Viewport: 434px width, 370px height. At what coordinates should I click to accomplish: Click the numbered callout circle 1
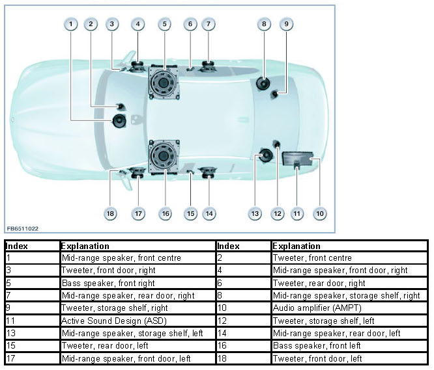click(70, 25)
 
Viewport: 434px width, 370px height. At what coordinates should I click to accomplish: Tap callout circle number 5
click(164, 25)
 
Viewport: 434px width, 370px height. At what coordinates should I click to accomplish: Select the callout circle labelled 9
click(285, 25)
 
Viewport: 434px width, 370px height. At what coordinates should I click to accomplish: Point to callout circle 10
click(319, 213)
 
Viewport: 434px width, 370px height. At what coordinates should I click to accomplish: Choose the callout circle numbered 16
click(165, 213)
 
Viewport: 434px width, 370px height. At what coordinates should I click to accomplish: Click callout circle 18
click(111, 213)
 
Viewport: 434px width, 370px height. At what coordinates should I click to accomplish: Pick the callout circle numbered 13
click(255, 213)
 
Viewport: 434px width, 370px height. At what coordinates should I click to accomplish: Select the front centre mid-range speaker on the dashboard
click(121, 121)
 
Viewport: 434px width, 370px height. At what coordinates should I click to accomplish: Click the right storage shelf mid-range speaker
click(263, 83)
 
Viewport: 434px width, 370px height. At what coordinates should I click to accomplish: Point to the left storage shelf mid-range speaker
click(265, 155)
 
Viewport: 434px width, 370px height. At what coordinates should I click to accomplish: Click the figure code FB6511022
click(23, 229)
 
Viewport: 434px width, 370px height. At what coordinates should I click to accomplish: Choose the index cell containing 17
click(32, 358)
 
